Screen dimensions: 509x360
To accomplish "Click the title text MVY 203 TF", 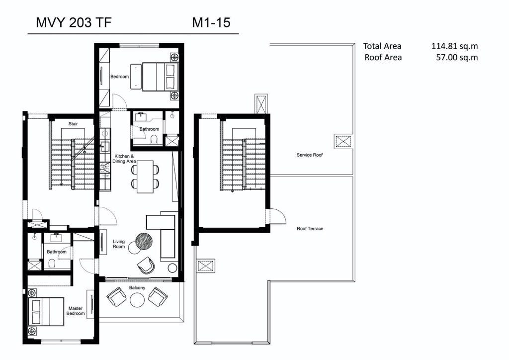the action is click(74, 23).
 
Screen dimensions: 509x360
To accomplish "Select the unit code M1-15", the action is click(211, 23).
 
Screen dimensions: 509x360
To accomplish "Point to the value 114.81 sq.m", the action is click(454, 46).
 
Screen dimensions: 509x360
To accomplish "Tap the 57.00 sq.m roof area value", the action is click(457, 58).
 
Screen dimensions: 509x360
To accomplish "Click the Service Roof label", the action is click(310, 155).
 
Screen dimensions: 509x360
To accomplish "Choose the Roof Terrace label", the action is click(310, 229).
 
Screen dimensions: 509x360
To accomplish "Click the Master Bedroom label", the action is click(76, 311).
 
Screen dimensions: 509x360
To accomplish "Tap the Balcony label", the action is click(137, 288).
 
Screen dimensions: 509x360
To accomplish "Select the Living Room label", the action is click(119, 244).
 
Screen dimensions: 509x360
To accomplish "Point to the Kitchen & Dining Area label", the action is click(124, 159).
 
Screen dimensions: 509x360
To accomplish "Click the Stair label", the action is click(73, 124).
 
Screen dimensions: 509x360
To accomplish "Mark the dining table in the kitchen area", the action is click(145, 177).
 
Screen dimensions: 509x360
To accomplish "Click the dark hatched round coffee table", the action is click(144, 242).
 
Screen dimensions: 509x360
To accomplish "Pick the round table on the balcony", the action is click(137, 300).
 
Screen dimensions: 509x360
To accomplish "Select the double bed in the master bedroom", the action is click(46, 312).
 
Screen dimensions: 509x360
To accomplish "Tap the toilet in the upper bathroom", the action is click(154, 140).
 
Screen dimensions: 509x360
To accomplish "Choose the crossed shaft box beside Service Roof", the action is click(343, 142).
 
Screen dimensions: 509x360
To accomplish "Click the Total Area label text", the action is click(382, 46).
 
